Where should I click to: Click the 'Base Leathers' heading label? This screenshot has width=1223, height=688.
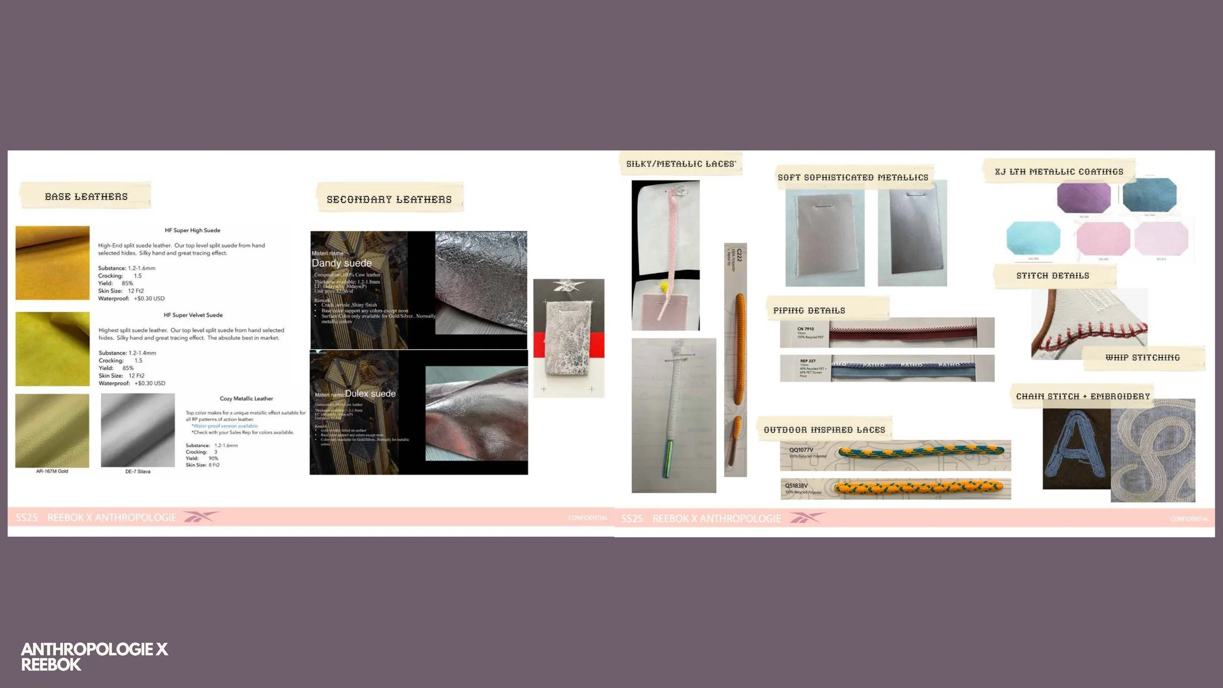86,197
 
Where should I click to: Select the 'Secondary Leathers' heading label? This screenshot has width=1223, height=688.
389,200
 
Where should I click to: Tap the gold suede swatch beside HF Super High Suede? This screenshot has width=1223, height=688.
52,263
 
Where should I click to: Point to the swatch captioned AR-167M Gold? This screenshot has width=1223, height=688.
52,431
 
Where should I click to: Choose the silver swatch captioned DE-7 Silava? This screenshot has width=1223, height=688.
137,430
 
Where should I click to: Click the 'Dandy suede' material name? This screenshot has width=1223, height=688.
341,263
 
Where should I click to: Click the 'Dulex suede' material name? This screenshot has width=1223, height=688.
370,394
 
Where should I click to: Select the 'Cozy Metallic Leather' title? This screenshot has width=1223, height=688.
246,399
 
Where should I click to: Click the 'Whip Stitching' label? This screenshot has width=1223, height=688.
1142,358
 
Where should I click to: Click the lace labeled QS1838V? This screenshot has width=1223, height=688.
917,487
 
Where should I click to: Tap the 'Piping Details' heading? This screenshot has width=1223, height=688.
809,311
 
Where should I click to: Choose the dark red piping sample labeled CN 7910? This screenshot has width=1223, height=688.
903,333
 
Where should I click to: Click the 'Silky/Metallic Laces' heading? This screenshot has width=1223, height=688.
680,164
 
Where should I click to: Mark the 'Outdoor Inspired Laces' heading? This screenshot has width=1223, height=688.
824,430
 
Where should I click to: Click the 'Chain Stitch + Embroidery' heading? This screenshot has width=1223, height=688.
1083,396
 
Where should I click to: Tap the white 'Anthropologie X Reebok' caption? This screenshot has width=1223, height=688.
94,657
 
